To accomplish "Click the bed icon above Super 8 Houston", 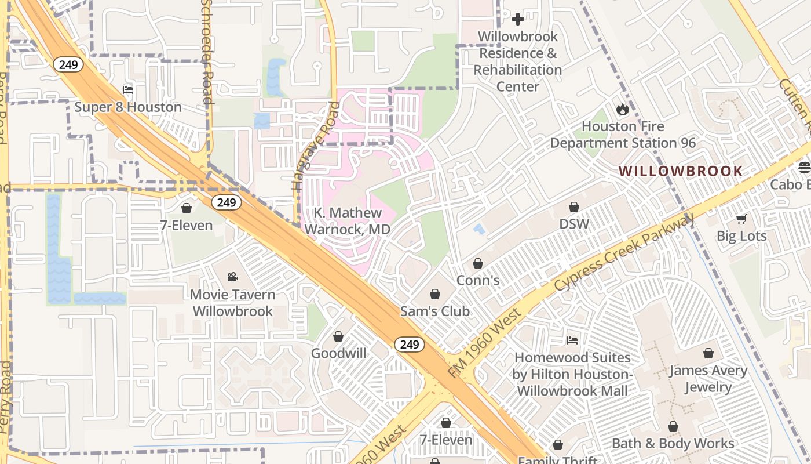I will tap(128, 90).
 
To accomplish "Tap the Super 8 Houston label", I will tap(128, 107).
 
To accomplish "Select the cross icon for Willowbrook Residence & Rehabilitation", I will tap(517, 19).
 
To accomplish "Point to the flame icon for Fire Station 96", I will tap(623, 109).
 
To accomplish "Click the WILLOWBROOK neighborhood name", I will tap(680, 171).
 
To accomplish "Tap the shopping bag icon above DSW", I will tap(574, 207).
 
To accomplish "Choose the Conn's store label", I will tap(478, 280).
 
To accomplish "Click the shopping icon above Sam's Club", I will tap(435, 294).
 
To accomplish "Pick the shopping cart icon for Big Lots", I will tap(741, 219).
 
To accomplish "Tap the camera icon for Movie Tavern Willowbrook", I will tap(232, 277).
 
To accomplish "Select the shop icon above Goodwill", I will tap(338, 336).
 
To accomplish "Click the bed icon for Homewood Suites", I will tap(572, 340).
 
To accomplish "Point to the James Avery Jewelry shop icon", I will tap(708, 353).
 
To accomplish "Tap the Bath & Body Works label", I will tap(673, 444).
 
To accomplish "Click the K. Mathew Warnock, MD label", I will tap(348, 221).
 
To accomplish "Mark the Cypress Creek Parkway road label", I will tap(624, 253).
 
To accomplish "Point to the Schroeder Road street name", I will tap(207, 52).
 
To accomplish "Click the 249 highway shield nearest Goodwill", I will tap(410, 345).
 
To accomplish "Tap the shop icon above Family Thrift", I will tap(557, 445).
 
